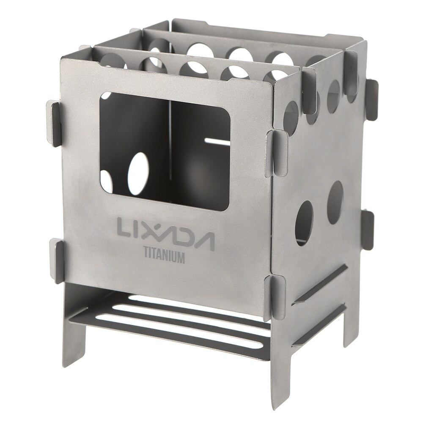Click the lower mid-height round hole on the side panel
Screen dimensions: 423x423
[304, 217]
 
